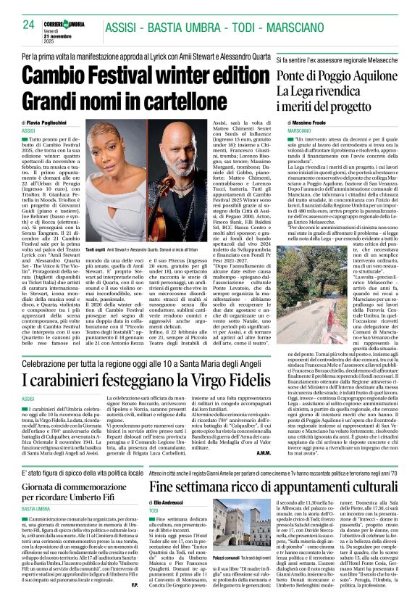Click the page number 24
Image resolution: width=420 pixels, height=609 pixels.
pyautogui.click(x=29, y=25)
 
